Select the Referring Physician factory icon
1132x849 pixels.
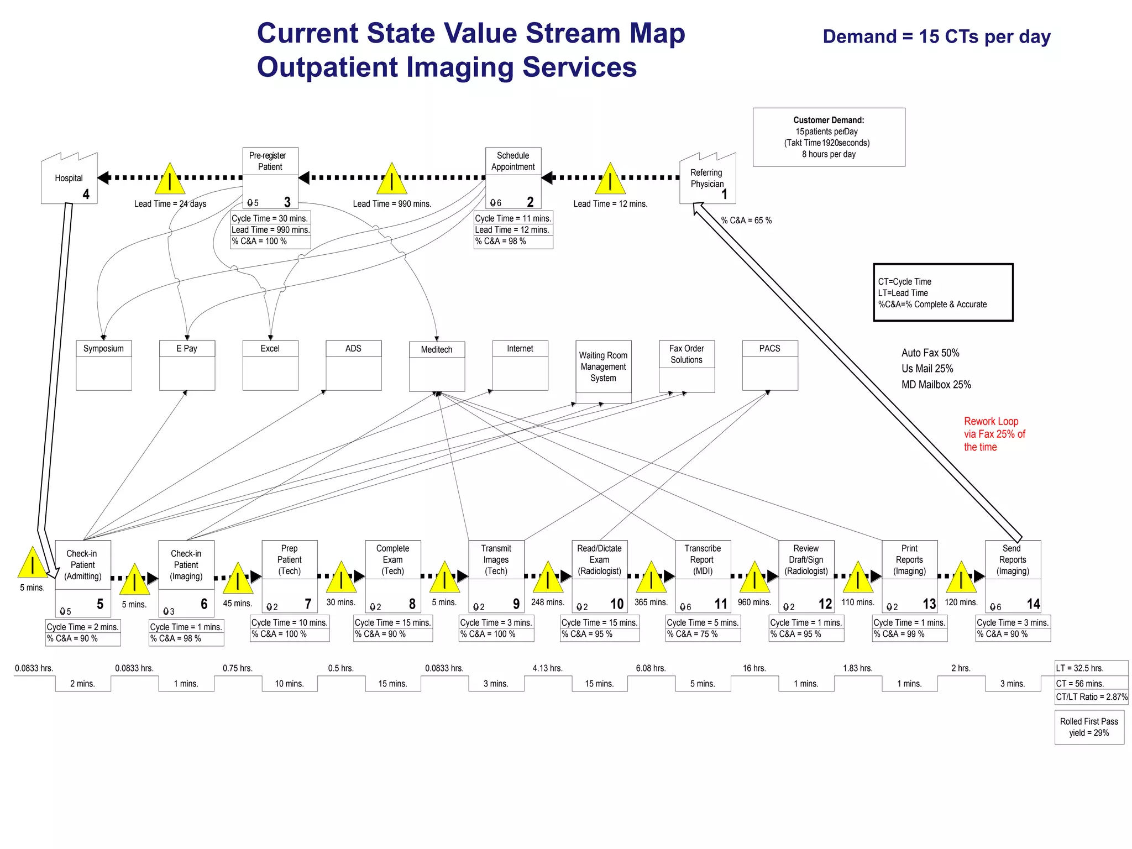tap(707, 179)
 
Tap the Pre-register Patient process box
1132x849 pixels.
tap(270, 177)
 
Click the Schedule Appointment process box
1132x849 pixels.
tap(513, 177)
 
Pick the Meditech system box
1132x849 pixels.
tap(437, 366)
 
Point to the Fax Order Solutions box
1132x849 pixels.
tap(686, 365)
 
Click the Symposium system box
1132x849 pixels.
tap(104, 365)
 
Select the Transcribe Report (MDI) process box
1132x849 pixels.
tap(703, 575)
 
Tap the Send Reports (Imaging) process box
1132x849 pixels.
tap(1013, 575)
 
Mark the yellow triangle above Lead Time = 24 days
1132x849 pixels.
tap(170, 180)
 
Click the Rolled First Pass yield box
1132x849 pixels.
tap(1089, 727)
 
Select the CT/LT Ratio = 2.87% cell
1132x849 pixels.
tap(1091, 697)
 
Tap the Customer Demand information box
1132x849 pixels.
tap(829, 137)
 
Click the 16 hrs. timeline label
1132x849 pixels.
tap(754, 668)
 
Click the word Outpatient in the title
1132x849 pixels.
tap(327, 67)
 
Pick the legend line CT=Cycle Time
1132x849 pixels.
tap(905, 281)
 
